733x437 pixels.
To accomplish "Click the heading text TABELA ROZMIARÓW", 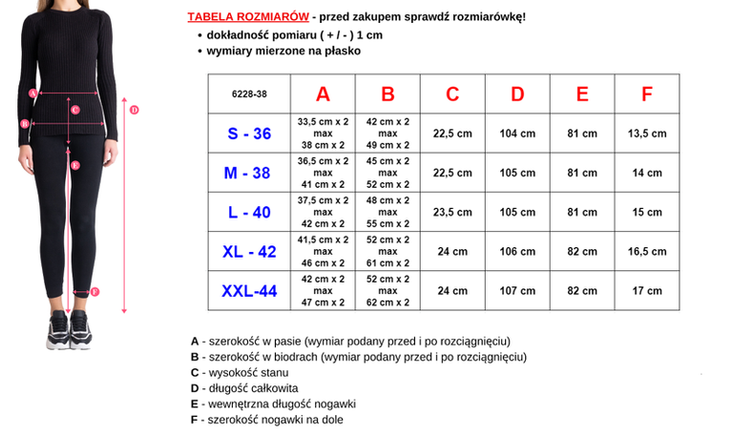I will click(234, 17).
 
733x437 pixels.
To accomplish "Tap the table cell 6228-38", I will click(248, 94).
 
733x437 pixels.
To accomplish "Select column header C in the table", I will click(452, 94).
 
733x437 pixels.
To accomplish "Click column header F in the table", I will click(647, 94).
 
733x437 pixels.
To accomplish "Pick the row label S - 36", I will click(248, 134).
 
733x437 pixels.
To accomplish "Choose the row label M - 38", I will click(248, 173).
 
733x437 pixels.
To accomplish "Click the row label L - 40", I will click(248, 212).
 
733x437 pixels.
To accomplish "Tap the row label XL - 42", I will click(248, 252).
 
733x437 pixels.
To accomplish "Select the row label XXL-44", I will click(248, 290).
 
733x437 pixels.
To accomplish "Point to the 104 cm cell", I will click(517, 134).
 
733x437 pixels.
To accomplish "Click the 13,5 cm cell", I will click(647, 134).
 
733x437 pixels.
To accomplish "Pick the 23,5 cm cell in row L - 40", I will click(452, 212).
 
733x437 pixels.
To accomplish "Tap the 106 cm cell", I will click(517, 252).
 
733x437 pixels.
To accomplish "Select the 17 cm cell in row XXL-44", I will click(647, 290).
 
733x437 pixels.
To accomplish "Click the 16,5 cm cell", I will click(647, 252).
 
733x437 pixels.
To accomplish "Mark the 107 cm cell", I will click(517, 290).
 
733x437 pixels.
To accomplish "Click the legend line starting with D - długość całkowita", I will click(244, 388).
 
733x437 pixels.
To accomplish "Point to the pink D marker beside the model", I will click(135, 110).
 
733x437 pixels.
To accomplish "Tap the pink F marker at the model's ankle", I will click(94, 292).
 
